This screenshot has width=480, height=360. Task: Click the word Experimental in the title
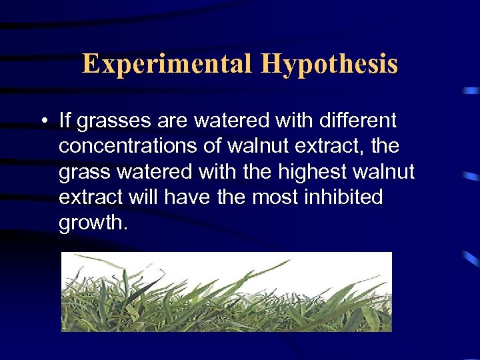pos(167,64)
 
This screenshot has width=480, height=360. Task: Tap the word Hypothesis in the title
pos(329,64)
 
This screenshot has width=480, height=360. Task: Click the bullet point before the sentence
pos(42,121)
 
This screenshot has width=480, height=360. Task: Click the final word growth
pos(92,223)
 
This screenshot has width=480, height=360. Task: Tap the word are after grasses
pos(176,122)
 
